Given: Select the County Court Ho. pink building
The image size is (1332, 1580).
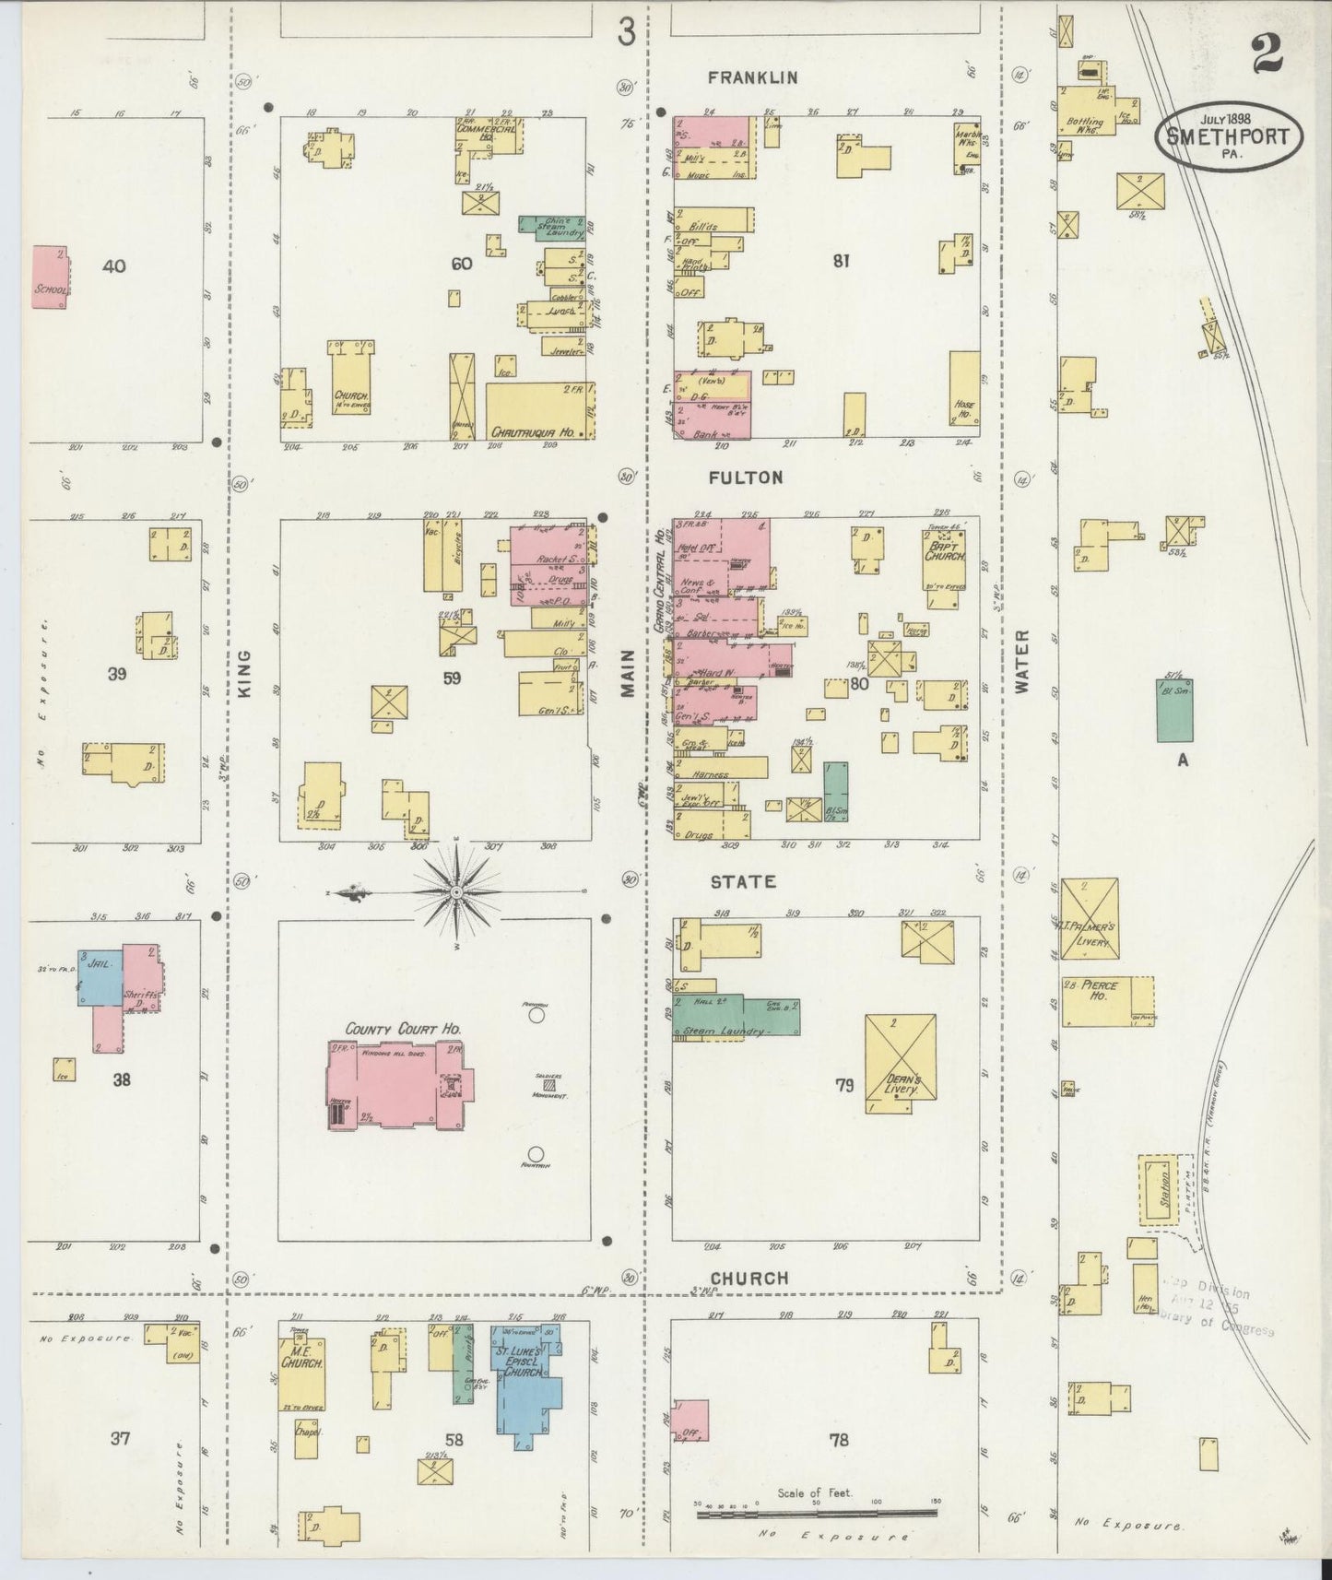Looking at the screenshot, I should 396,1084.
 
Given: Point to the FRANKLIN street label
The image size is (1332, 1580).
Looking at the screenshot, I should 752,78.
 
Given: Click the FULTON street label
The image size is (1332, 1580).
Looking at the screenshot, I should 746,478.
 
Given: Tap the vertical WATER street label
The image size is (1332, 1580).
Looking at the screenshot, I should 1023,662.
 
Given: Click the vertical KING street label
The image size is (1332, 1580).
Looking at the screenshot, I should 244,673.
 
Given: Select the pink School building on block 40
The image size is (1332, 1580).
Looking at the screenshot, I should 50,277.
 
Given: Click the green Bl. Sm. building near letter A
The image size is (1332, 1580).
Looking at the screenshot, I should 1173,710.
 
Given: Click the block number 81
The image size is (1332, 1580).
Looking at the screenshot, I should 840,261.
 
